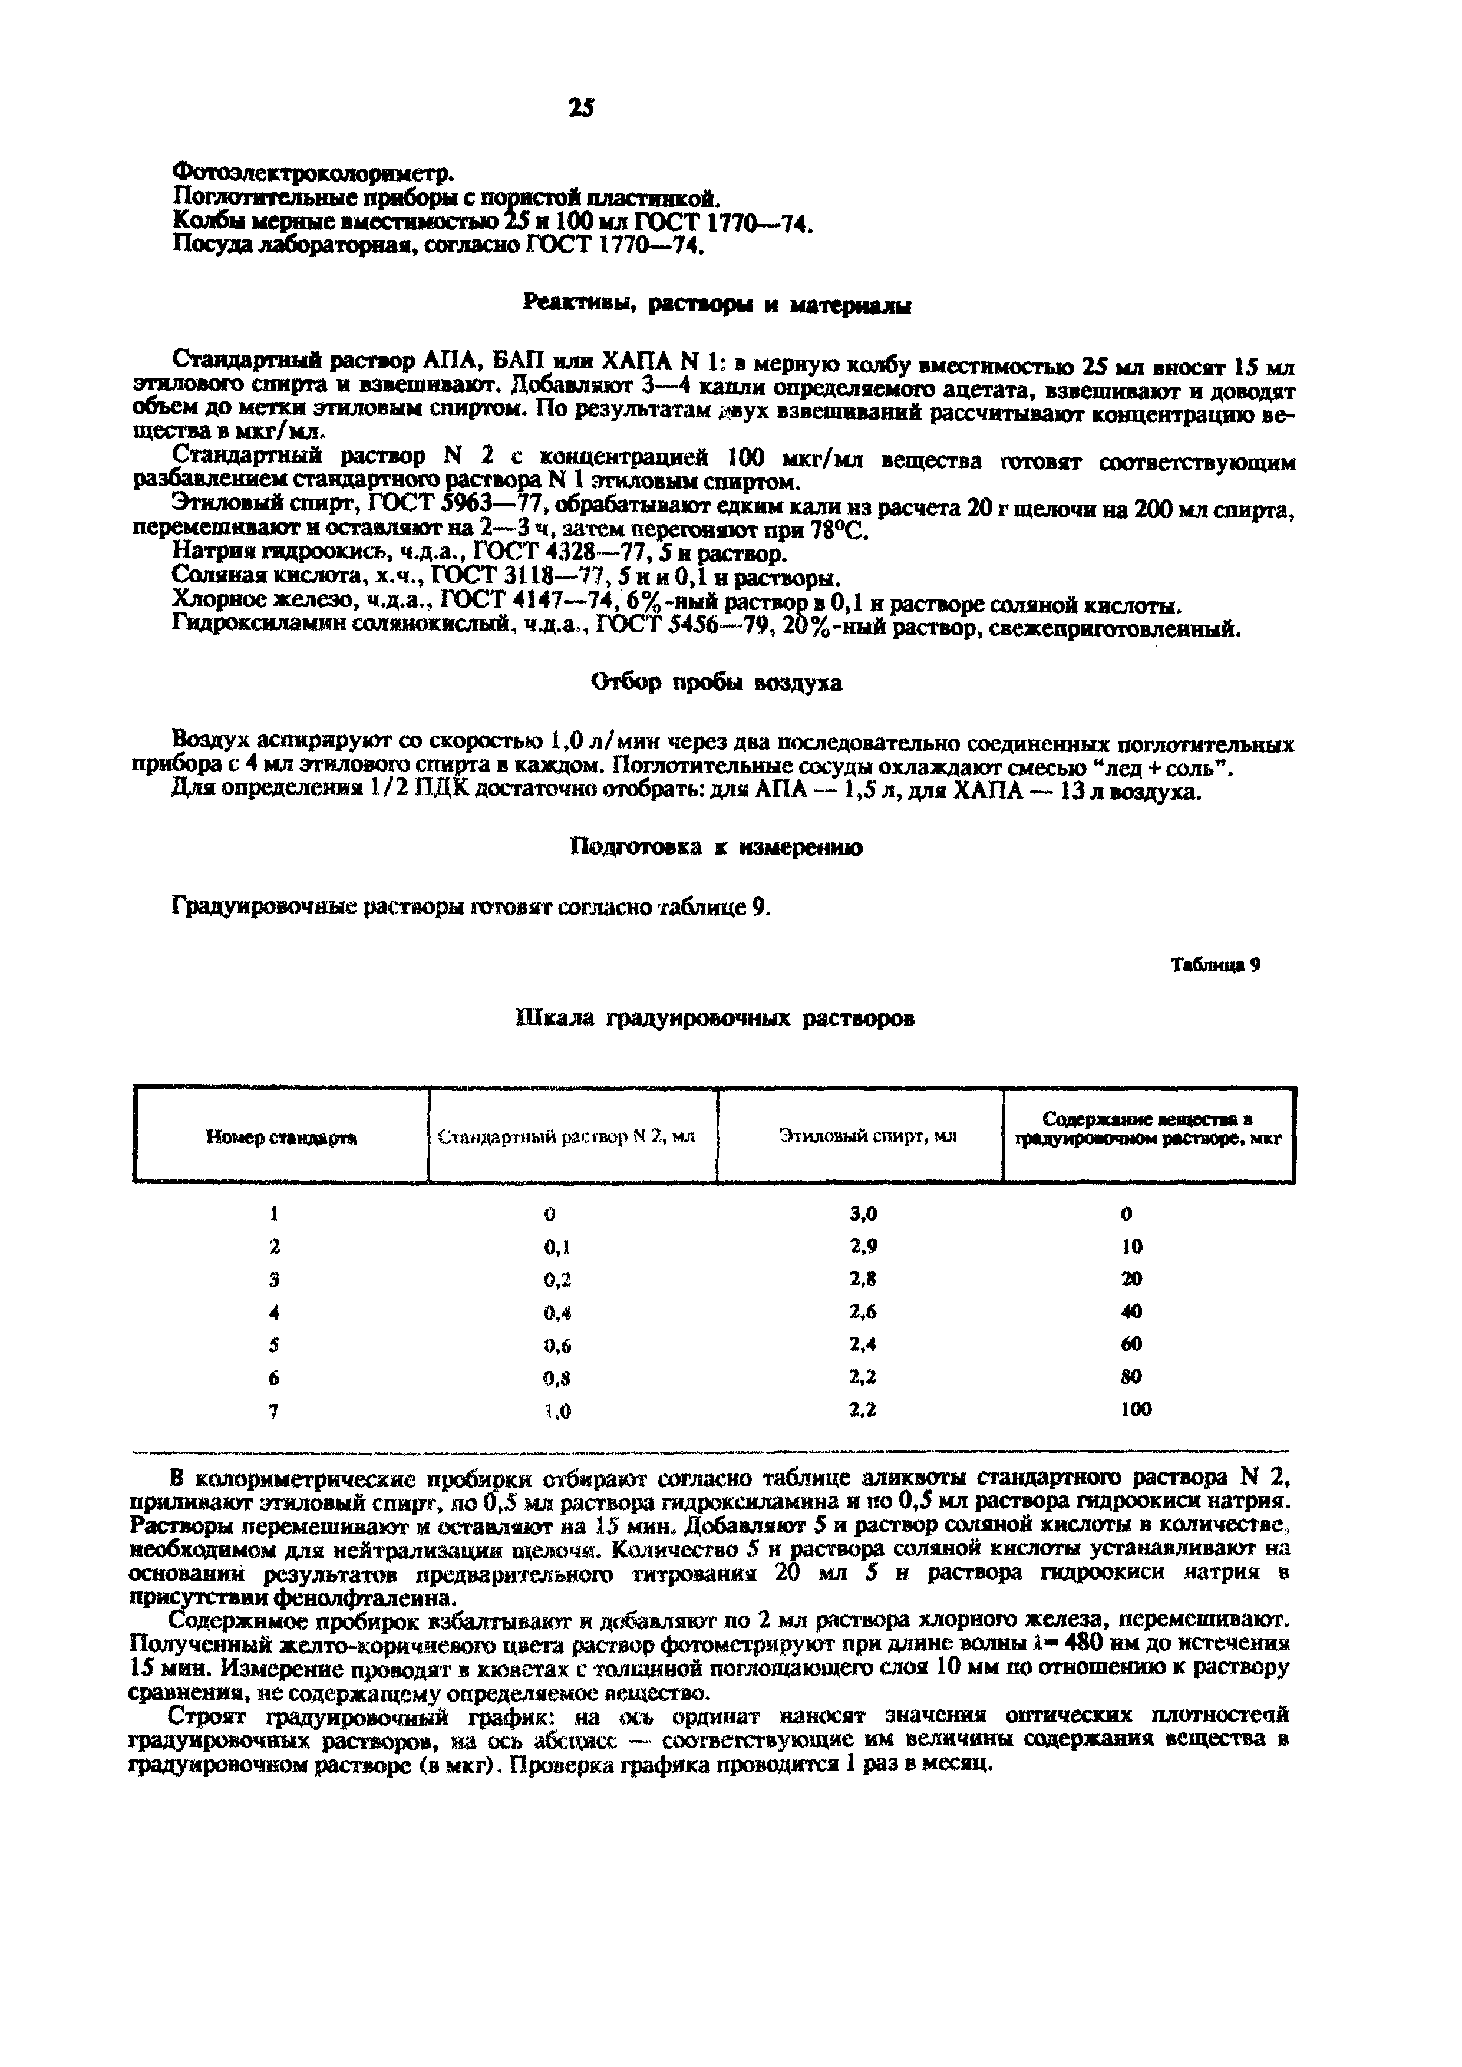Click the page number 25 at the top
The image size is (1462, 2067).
(582, 107)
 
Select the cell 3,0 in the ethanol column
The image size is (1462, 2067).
(863, 1215)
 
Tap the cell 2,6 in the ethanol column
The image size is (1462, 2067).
(863, 1311)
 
